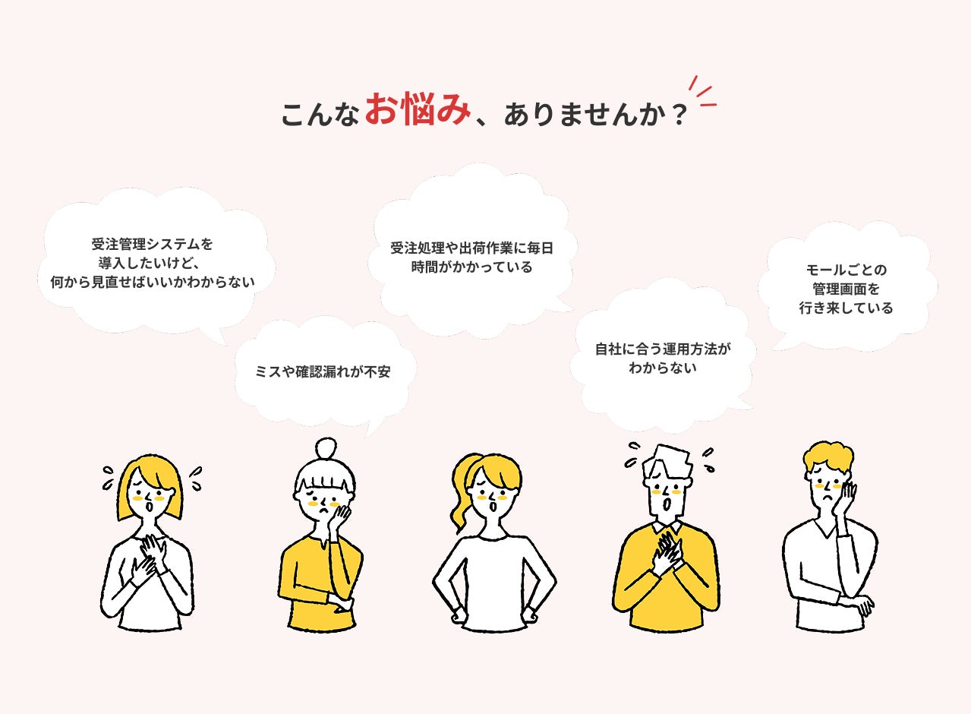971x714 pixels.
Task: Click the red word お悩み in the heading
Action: click(418, 109)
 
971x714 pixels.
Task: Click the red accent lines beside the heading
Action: click(701, 92)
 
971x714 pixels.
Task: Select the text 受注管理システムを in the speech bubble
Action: click(152, 245)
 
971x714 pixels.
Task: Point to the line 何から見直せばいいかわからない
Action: click(152, 283)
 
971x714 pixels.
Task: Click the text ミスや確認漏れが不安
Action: click(323, 371)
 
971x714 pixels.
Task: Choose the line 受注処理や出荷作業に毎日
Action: click(471, 248)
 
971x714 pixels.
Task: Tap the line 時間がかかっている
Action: click(471, 267)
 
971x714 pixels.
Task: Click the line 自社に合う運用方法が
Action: click(663, 349)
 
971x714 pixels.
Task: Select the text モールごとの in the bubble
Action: click(846, 270)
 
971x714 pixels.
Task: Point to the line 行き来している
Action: click(846, 308)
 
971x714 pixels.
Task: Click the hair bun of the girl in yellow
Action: click(326, 447)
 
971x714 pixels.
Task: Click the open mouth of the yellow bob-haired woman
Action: click(150, 507)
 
